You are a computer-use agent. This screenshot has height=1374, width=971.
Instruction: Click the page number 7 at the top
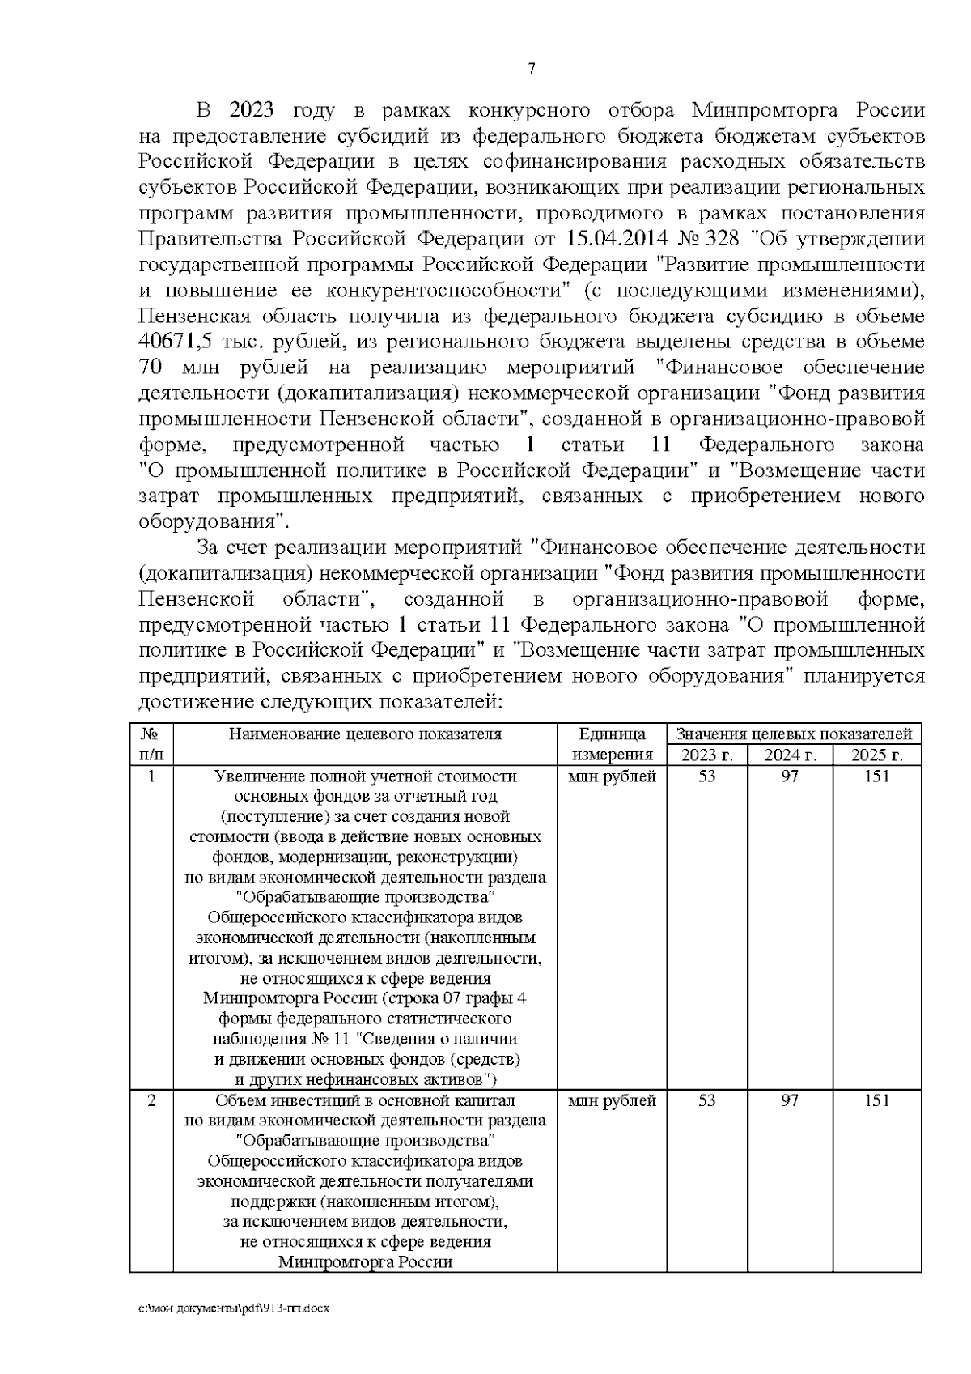tap(531, 70)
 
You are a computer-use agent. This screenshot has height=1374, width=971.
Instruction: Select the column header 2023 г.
tap(706, 755)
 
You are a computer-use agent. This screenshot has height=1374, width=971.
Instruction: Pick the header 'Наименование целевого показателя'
tap(365, 734)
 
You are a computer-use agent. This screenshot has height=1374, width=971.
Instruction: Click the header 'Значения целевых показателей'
tap(794, 734)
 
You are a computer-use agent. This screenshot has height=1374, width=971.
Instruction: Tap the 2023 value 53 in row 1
tap(706, 776)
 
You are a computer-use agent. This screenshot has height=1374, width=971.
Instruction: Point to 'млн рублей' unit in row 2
tap(612, 1101)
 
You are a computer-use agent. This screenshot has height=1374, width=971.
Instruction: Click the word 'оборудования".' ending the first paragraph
tap(214, 520)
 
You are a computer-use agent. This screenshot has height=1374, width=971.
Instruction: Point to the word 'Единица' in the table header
tap(612, 734)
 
